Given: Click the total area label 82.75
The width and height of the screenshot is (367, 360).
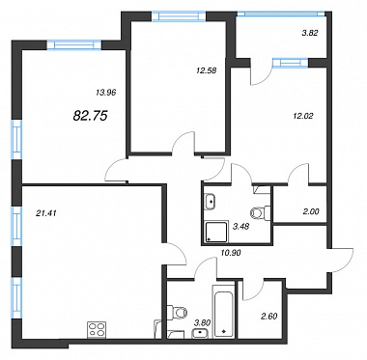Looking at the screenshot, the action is pos(90,115).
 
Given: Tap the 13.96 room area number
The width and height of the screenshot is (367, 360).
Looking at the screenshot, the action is pos(105,93).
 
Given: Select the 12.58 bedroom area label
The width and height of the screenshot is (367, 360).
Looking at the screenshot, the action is pos(207,69).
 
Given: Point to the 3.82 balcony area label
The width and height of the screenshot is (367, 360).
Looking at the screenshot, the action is pos(310,33).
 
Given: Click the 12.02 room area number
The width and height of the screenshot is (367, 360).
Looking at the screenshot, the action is pos(303,115).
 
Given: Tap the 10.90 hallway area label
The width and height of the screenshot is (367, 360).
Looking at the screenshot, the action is pos(231,253).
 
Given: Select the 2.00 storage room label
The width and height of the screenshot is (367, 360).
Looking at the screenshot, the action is pos(312,211).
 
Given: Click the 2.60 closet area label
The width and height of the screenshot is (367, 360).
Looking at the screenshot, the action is pos(269,316).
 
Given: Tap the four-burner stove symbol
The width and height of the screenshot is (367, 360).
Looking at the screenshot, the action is pos(97,330).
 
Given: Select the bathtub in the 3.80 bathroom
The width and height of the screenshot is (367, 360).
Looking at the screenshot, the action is pos(223,312).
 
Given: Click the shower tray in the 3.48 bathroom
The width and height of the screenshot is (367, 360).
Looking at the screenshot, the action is pos(215,232).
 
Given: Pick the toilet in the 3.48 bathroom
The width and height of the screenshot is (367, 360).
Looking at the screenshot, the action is pos(260,212).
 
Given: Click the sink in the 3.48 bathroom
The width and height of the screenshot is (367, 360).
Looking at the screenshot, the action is pos(211,202).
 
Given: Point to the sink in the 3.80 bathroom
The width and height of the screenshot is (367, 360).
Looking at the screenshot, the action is pos(200,334).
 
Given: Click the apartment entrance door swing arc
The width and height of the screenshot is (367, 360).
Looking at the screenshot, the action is pos(346,260).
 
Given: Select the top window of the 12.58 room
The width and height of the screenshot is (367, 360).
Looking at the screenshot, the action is pos(179,16).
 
